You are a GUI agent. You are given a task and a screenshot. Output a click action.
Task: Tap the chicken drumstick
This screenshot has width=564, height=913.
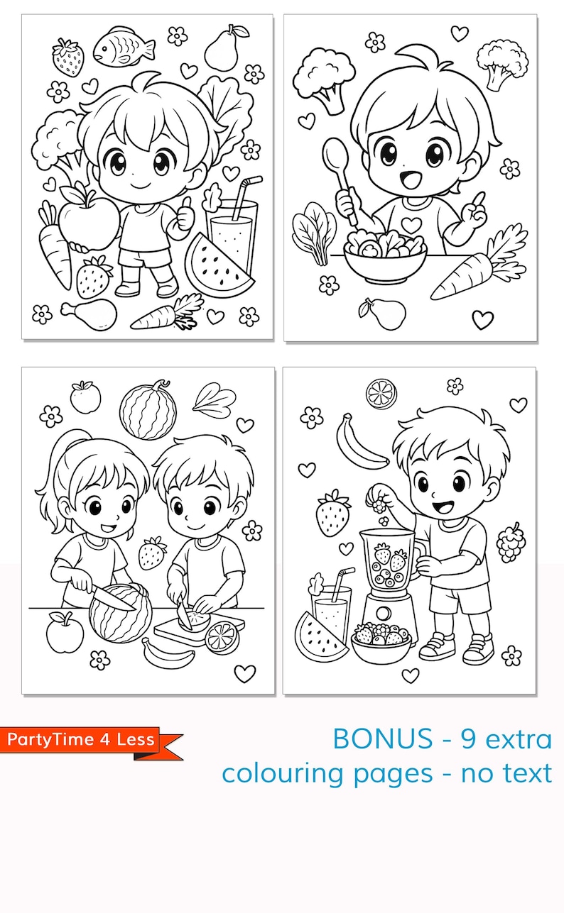pos(89,312)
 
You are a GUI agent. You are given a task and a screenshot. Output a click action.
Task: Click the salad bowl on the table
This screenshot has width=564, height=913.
pos(384,257)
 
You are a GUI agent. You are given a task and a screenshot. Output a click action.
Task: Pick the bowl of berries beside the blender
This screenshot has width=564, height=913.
pos(381,641)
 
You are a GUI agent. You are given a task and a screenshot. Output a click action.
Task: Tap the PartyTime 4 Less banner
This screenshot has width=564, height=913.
pos(85,741)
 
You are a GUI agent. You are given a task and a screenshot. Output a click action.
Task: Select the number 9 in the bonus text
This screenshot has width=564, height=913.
pos(467,739)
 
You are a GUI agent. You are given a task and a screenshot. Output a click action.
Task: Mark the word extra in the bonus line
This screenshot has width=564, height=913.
pos(519,739)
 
